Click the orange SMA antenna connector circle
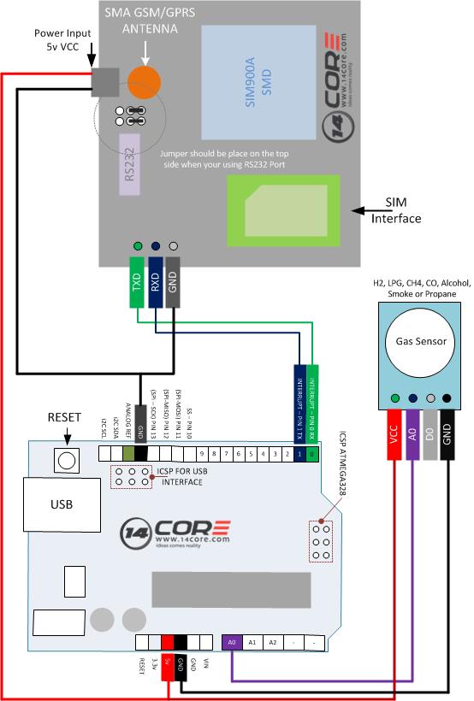pyautogui.click(x=145, y=82)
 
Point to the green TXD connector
pyautogui.click(x=138, y=280)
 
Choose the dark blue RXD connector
pyautogui.click(x=156, y=280)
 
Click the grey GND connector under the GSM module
pyautogui.click(x=174, y=280)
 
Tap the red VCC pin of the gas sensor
pyautogui.click(x=394, y=435)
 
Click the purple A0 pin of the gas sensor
pyautogui.click(x=413, y=435)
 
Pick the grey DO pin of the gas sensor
pyautogui.click(x=431, y=435)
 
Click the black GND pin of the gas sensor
pyautogui.click(x=449, y=435)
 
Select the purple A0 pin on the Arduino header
pyautogui.click(x=232, y=642)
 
